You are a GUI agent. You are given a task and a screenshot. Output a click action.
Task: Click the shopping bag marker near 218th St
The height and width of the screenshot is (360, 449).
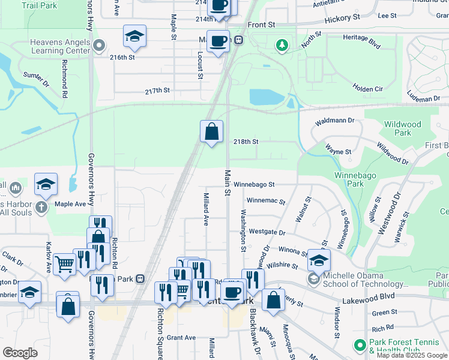coord(211,132)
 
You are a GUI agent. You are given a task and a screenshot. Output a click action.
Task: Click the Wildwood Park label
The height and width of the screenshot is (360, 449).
coord(402,128)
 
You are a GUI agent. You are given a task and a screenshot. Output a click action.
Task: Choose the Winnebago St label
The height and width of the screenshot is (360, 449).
coord(254,184)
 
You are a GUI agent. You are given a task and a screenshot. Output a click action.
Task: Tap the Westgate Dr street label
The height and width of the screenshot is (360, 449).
coord(267,231)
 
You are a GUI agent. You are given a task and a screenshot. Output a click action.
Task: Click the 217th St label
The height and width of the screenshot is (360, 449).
coord(157,91)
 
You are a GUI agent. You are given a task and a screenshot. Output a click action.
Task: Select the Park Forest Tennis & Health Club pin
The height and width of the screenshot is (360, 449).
coord(360,345)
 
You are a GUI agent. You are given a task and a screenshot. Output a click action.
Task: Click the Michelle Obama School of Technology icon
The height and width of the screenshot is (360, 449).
coord(313,278)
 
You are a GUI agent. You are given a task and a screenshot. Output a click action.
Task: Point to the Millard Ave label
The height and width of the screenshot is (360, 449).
coord(205,209)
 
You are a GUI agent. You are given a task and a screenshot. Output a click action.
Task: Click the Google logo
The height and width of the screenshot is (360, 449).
coord(20,353)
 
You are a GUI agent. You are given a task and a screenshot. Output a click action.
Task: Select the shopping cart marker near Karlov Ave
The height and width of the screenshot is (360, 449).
coord(64,263)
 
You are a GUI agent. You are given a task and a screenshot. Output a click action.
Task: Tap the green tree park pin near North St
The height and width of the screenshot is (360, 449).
coord(281,44)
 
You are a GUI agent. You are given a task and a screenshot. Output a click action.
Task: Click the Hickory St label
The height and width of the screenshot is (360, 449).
coord(342,19)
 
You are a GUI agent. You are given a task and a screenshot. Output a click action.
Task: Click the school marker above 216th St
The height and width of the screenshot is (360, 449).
coord(135,37)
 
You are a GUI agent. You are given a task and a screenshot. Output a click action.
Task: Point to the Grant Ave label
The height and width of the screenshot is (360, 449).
coord(181,338)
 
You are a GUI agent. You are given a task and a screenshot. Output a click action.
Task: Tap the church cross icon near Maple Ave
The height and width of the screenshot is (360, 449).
coord(41,208)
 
